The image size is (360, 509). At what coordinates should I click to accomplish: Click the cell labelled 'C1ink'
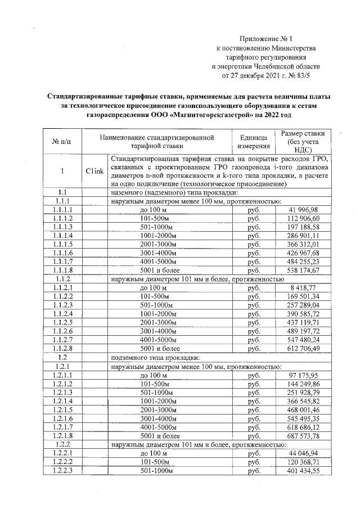[94, 172]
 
